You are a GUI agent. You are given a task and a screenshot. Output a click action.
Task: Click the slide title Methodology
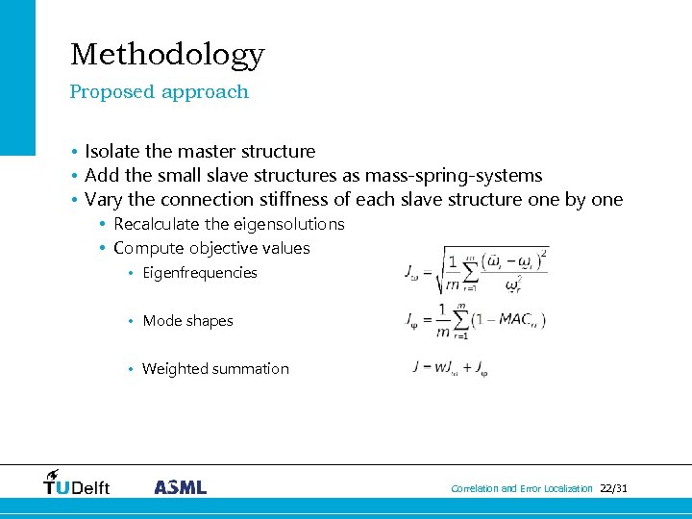click(x=167, y=55)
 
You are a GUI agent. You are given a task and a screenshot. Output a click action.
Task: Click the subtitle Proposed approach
click(x=159, y=92)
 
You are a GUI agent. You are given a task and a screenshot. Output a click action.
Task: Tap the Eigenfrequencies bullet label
click(x=200, y=273)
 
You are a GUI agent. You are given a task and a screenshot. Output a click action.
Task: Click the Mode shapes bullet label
click(x=187, y=321)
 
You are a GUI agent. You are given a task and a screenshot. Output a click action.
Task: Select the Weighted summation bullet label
click(x=215, y=369)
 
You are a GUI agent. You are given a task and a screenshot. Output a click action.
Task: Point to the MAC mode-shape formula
click(x=476, y=320)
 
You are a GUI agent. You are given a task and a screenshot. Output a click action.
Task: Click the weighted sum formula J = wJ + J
click(x=451, y=369)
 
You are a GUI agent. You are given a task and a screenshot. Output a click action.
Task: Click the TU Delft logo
click(x=77, y=482)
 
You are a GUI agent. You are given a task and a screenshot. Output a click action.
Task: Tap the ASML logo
click(x=180, y=486)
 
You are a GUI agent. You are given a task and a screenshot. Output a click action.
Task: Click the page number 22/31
click(x=613, y=488)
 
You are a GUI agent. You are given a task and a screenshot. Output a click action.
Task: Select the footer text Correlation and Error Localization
click(x=522, y=488)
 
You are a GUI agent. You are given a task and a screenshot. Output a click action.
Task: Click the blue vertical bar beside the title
click(x=17, y=77)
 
